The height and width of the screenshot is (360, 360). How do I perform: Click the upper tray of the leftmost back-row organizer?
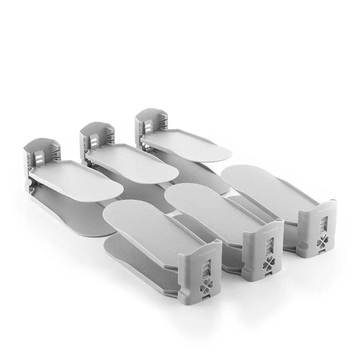tap(77, 179)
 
